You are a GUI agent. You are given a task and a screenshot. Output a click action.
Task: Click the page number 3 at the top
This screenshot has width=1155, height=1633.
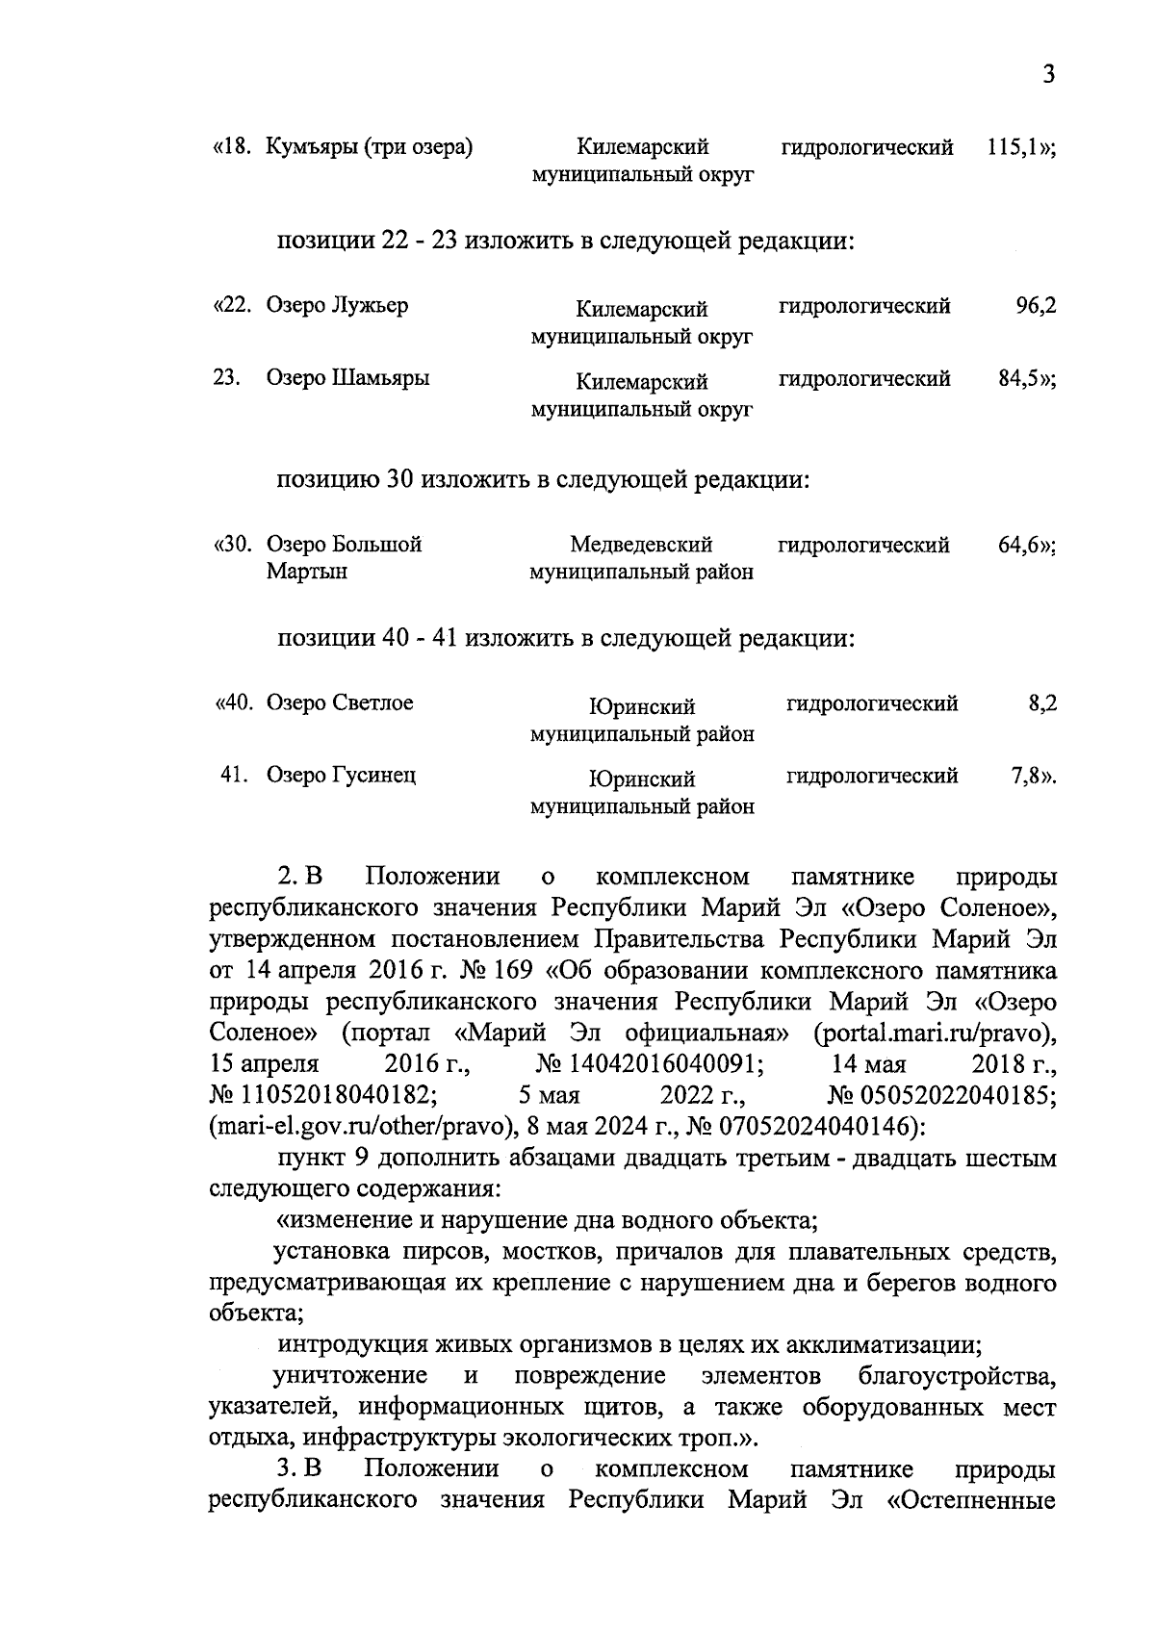coord(1048,75)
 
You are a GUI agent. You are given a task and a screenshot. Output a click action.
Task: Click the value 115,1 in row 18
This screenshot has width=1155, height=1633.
coord(1014,148)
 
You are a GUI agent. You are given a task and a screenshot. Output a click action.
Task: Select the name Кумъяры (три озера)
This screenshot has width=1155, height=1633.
coord(370,148)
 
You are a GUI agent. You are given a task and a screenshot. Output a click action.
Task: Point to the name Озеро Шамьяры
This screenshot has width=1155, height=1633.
coord(347,378)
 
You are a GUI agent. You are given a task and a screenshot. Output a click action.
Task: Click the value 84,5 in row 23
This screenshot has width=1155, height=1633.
coord(1019,378)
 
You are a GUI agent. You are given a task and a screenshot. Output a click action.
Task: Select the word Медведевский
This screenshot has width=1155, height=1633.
coord(641,546)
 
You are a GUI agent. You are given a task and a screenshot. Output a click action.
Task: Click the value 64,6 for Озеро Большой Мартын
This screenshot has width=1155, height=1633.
coord(1019,546)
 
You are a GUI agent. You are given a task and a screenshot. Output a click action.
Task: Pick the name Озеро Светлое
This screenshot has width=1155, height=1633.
coord(340,703)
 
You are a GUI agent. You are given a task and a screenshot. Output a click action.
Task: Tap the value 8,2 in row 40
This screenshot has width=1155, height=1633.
coord(1042,703)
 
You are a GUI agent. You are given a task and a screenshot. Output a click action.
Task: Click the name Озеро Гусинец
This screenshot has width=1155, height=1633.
coord(341,776)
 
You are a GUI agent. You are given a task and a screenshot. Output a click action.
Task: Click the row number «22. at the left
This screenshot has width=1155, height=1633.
coord(232,306)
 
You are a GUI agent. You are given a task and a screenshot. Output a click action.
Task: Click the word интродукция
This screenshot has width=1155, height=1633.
coord(352,1345)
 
